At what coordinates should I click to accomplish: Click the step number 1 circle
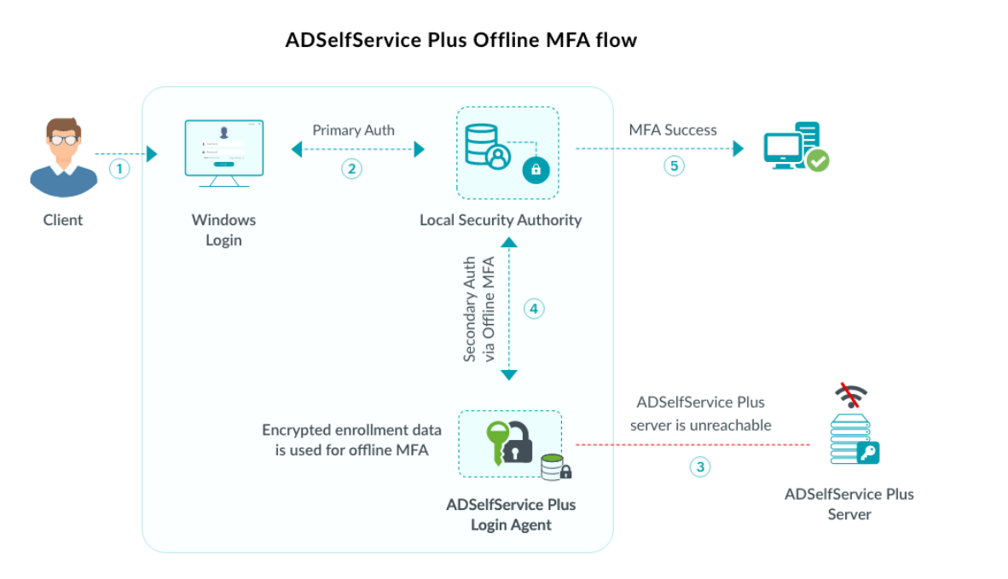(120, 169)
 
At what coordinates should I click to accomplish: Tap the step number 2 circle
(351, 169)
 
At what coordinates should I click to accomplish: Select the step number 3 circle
(700, 466)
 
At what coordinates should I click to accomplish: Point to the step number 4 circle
(534, 309)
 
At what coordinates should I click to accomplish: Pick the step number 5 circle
(674, 165)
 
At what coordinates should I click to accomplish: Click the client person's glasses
(63, 134)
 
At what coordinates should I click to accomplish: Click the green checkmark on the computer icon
(818, 160)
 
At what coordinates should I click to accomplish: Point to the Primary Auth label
(353, 130)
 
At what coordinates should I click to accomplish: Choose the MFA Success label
(673, 130)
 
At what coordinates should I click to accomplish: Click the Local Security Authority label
(501, 220)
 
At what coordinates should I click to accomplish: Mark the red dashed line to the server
(691, 444)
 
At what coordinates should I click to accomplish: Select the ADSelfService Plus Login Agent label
(511, 514)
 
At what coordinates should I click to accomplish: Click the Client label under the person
(63, 220)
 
